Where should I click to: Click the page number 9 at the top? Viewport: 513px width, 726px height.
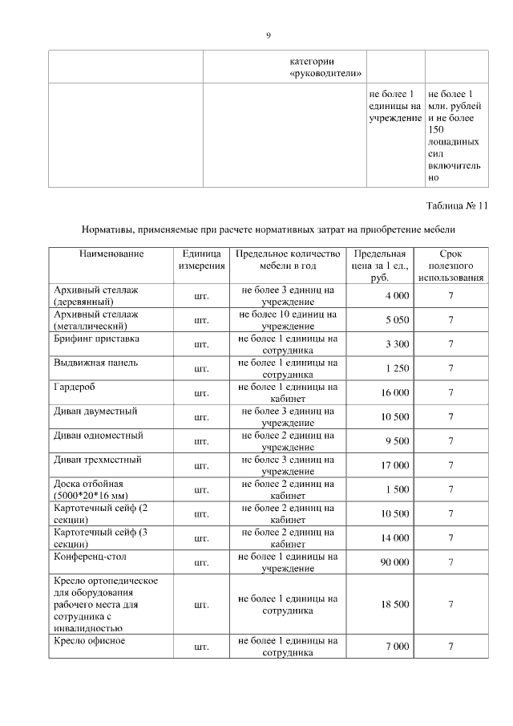tap(269, 35)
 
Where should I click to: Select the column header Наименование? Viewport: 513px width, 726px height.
tap(111, 254)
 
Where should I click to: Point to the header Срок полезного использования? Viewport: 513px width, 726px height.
tap(450, 266)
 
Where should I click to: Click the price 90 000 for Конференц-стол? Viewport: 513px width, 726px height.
tap(394, 562)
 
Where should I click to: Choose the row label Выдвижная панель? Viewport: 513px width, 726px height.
tap(95, 363)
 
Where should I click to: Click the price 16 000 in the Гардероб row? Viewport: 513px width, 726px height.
tap(394, 393)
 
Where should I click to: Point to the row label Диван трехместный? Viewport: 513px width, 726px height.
tap(97, 460)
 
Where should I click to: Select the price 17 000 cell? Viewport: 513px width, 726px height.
tap(394, 465)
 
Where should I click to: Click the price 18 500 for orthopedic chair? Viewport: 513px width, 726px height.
tap(394, 605)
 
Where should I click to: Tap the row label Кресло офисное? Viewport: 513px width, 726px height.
tap(91, 641)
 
